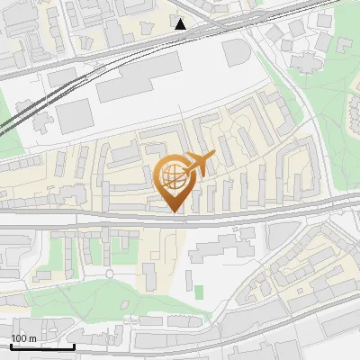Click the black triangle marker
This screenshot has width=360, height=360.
click(x=181, y=24)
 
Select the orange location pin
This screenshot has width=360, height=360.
click(x=175, y=181)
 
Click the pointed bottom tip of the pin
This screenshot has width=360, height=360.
click(x=175, y=211)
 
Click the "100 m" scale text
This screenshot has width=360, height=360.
click(x=24, y=337)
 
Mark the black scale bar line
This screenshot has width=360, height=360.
click(x=42, y=346)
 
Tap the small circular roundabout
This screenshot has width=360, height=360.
click(x=110, y=273)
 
